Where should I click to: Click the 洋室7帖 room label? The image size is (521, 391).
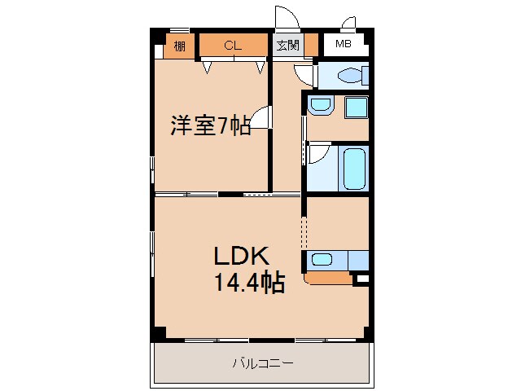209,126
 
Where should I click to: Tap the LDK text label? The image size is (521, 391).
241,256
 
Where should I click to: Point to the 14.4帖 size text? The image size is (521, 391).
249,283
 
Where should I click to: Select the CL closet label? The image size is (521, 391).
233,46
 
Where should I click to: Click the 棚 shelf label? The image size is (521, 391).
179,46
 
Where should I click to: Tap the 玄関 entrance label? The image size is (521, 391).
286,46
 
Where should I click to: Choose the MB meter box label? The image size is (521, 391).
344,45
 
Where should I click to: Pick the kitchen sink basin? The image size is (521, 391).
322,261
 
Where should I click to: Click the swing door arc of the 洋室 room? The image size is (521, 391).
260,119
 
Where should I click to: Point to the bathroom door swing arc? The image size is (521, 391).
318,152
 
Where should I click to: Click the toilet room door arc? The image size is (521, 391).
303,74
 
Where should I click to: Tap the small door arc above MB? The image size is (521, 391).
349,23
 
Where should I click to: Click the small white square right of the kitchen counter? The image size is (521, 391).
362,279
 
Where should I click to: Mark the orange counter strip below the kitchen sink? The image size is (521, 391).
328,279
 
